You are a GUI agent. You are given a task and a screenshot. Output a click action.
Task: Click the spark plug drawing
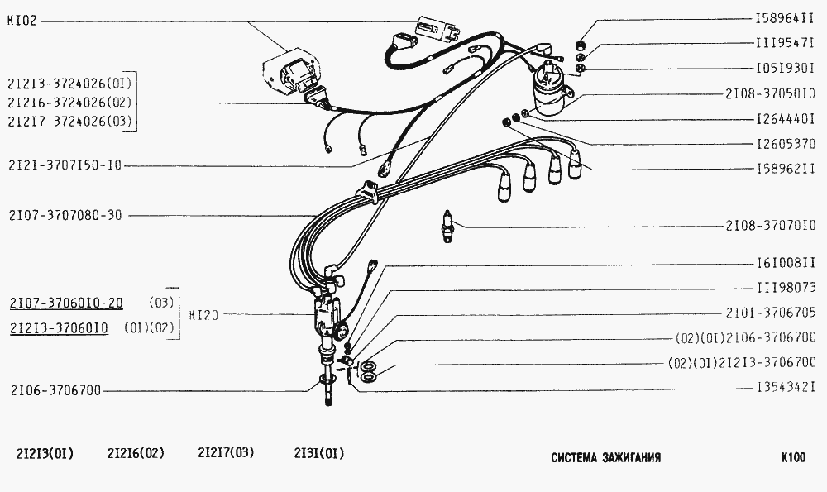pyautogui.click(x=447, y=227)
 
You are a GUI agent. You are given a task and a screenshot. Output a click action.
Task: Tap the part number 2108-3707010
pyautogui.click(x=771, y=226)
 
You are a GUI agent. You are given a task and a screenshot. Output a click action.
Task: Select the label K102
pyautogui.click(x=22, y=21)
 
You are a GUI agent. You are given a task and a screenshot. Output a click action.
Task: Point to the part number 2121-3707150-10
pyautogui.click(x=65, y=165)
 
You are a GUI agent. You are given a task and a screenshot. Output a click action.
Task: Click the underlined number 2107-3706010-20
pyautogui.click(x=66, y=303)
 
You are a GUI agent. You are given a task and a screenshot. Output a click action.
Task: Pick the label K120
pyautogui.click(x=203, y=315)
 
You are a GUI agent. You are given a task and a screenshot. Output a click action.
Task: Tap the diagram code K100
pyautogui.click(x=793, y=457)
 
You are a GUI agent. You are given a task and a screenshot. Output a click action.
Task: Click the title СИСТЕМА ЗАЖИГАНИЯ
pyautogui.click(x=606, y=457)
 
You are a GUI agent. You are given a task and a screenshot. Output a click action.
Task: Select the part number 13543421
pyautogui.click(x=786, y=388)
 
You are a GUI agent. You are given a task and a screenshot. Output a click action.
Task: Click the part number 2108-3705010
pyautogui.click(x=771, y=94)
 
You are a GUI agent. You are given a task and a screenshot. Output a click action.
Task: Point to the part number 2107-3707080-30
pyautogui.click(x=65, y=215)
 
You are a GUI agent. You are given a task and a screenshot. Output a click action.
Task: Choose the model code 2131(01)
pyautogui.click(x=318, y=453)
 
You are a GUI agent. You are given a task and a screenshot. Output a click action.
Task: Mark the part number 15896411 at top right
pyautogui.click(x=785, y=18)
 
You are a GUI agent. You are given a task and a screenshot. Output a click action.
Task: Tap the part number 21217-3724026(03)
pyautogui.click(x=69, y=122)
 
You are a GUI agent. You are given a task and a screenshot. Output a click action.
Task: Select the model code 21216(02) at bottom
pyautogui.click(x=136, y=453)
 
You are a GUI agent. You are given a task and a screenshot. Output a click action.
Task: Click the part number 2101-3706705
pyautogui.click(x=771, y=313)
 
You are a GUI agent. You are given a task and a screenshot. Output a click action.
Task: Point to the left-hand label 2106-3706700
pyautogui.click(x=55, y=390)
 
